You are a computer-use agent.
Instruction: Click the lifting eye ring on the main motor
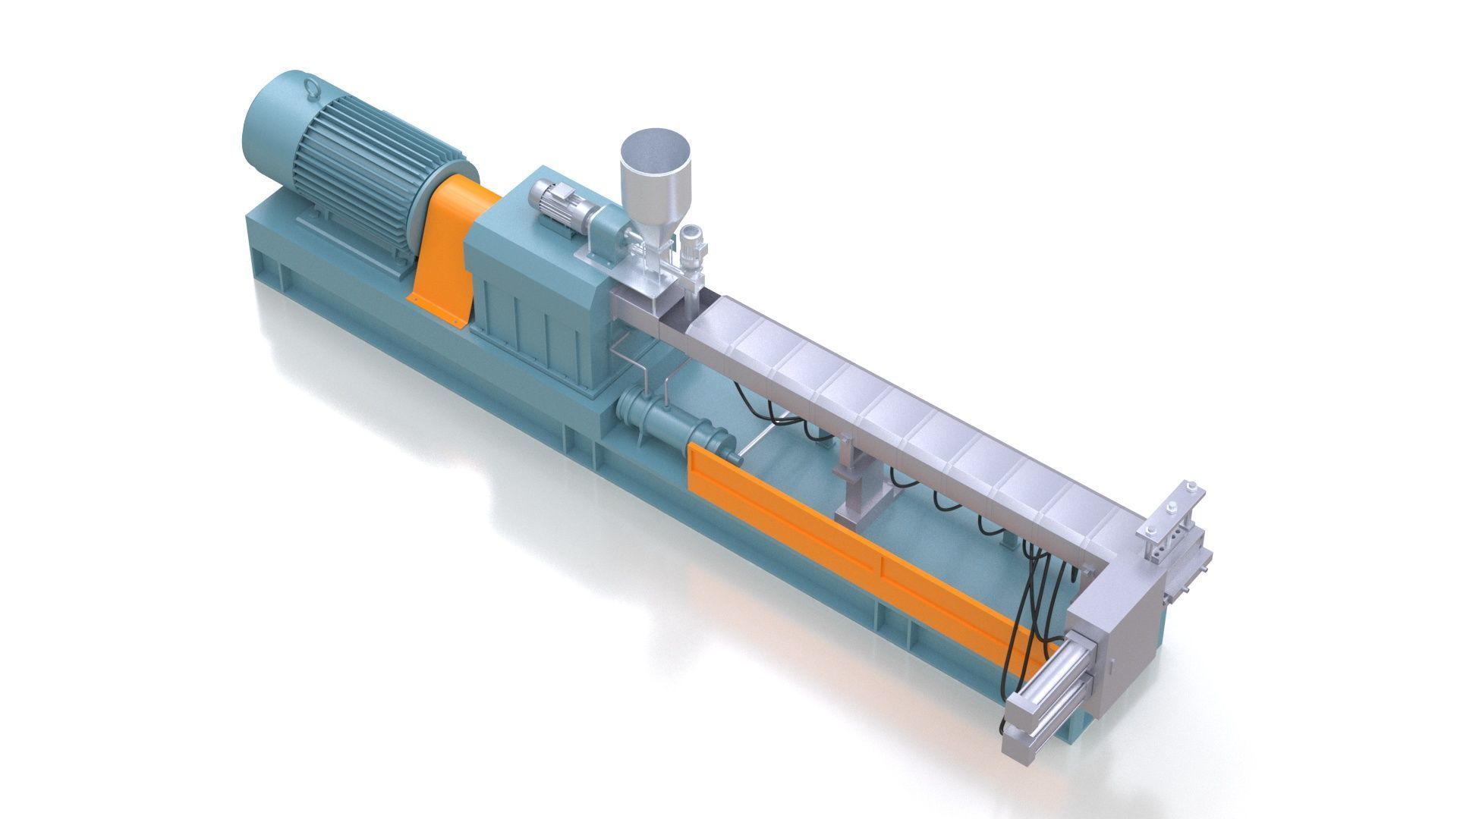coord(311,89)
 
